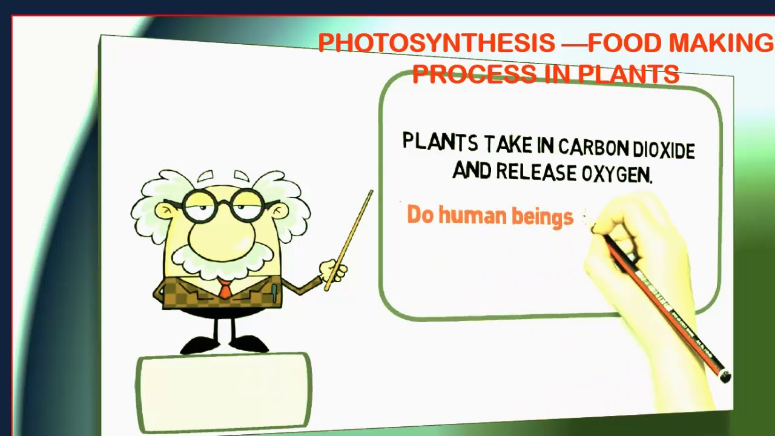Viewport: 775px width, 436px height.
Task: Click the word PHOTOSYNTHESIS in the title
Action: pos(436,44)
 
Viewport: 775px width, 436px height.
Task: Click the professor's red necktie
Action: pos(225,289)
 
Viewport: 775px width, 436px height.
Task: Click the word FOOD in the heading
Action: pos(625,44)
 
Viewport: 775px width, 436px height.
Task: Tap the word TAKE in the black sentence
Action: pos(507,144)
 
